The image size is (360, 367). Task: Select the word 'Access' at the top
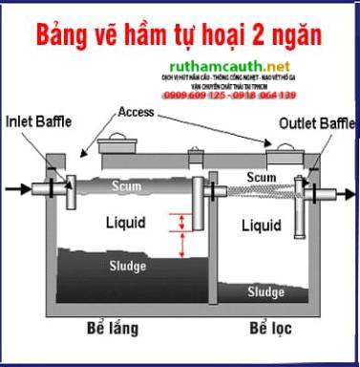(138, 112)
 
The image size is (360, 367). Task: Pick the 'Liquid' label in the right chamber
(262, 227)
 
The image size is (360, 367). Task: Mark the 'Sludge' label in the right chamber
(266, 291)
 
